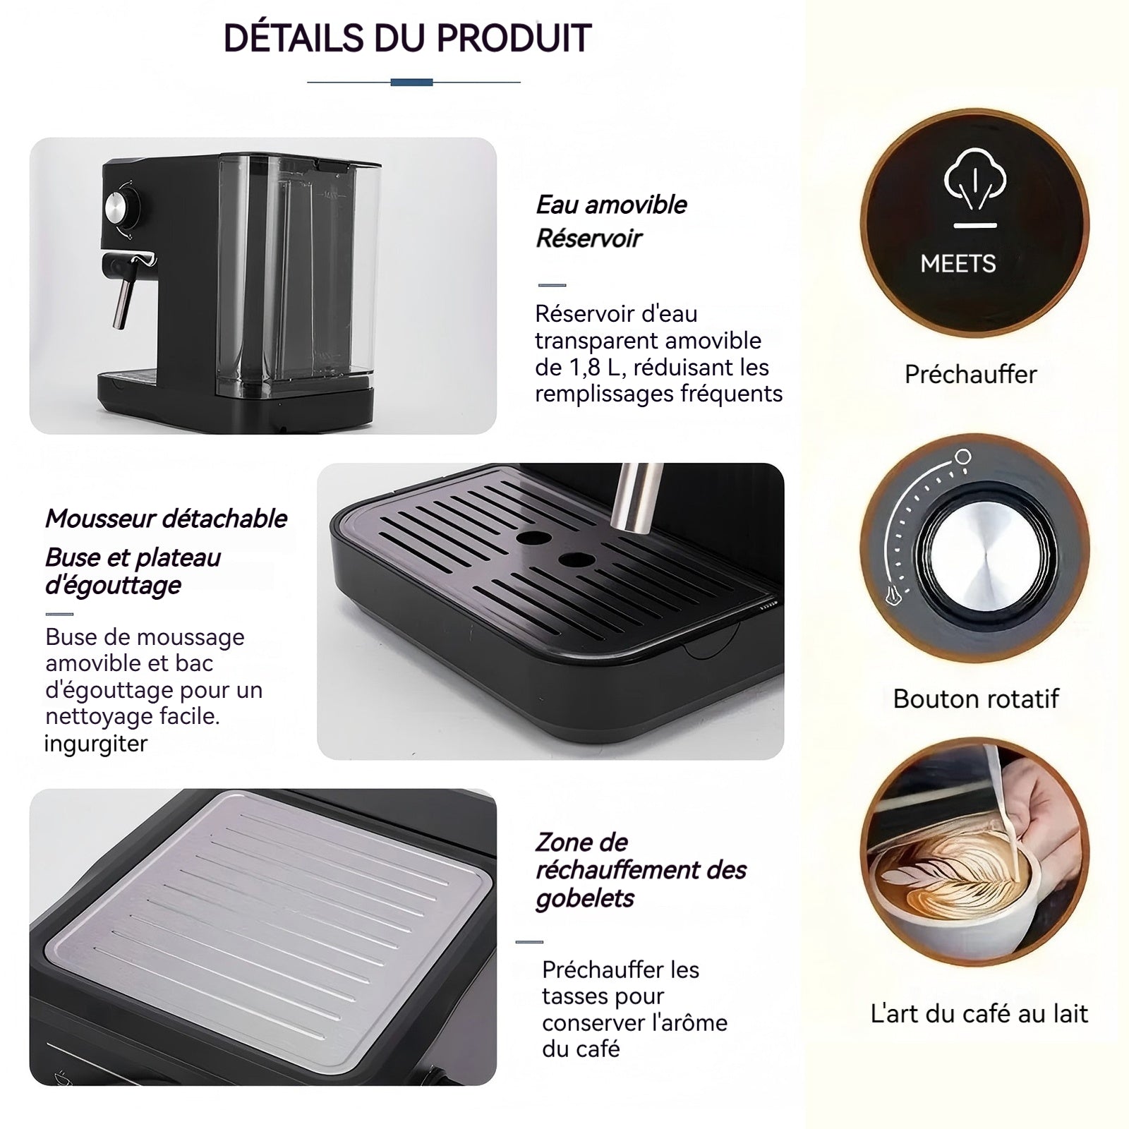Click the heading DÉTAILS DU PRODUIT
(x=407, y=38)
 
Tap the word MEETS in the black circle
(x=958, y=264)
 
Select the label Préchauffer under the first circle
(x=971, y=374)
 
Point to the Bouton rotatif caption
(x=976, y=699)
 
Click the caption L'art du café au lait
(x=979, y=1013)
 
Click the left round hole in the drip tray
(x=533, y=538)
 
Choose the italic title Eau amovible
(x=611, y=205)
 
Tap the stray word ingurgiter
(x=96, y=744)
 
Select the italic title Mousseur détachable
(x=166, y=519)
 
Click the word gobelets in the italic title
(x=585, y=899)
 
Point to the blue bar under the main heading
(x=411, y=83)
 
